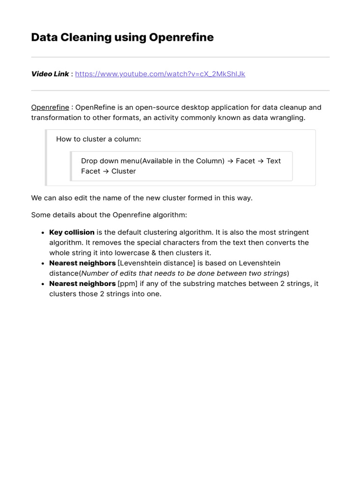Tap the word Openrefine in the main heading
[181, 37]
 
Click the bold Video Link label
[50, 74]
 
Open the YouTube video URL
[160, 74]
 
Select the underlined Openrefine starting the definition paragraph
[50, 107]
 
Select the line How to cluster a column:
[98, 139]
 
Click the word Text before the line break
[273, 161]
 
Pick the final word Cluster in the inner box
[123, 171]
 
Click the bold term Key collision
[72, 232]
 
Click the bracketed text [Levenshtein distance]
[157, 263]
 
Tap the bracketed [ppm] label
[127, 284]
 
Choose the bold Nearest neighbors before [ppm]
[82, 284]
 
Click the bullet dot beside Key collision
[43, 233]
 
